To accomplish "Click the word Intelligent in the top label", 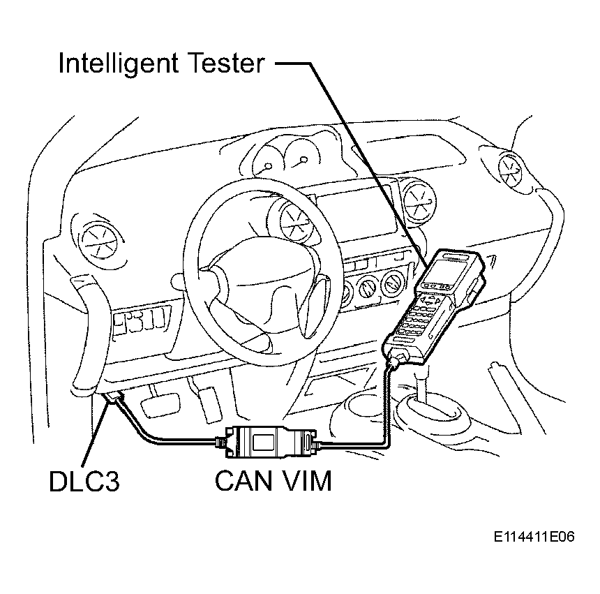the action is pos(118,63).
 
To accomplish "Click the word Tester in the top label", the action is pos(227,63).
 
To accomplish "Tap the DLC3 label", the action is pos(84,481).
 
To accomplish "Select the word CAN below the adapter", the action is pos(243,481).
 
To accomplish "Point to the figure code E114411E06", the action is pos(534,537).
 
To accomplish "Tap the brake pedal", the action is pos(160,406).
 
